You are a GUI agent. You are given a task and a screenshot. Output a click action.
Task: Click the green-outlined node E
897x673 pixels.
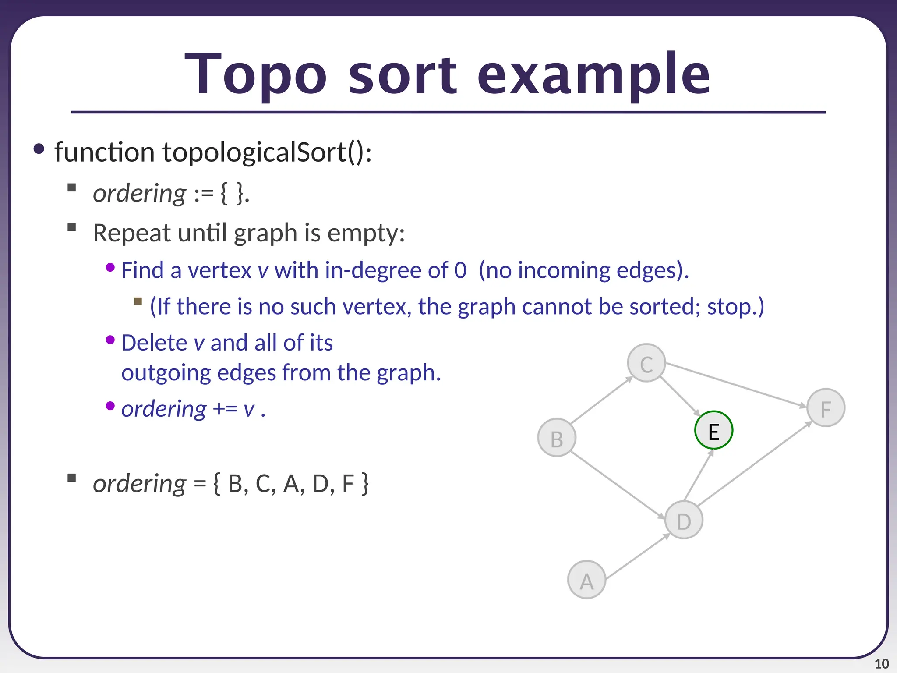pyautogui.click(x=713, y=430)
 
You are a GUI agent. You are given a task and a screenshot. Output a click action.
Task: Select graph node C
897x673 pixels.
pyautogui.click(x=646, y=363)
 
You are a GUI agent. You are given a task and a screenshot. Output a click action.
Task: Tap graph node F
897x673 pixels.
pyautogui.click(x=826, y=407)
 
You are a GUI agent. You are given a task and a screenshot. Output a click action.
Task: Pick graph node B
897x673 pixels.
pyautogui.click(x=557, y=438)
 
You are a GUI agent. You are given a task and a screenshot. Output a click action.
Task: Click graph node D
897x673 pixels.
pyautogui.click(x=684, y=520)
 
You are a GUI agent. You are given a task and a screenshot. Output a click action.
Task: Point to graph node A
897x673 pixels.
pyautogui.click(x=586, y=580)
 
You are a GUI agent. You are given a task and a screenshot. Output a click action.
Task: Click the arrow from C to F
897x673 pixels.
pyautogui.click(x=736, y=384)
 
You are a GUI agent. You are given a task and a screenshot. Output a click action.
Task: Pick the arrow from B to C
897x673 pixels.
pyautogui.click(x=601, y=400)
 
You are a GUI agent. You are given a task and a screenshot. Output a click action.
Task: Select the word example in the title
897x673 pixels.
pyautogui.click(x=593, y=74)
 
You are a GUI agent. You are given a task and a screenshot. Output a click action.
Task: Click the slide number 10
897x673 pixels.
pyautogui.click(x=881, y=664)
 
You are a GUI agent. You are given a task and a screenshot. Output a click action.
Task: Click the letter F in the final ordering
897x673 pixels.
pyautogui.click(x=348, y=484)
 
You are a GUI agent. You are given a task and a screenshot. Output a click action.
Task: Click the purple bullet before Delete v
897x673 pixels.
pyautogui.click(x=110, y=340)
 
